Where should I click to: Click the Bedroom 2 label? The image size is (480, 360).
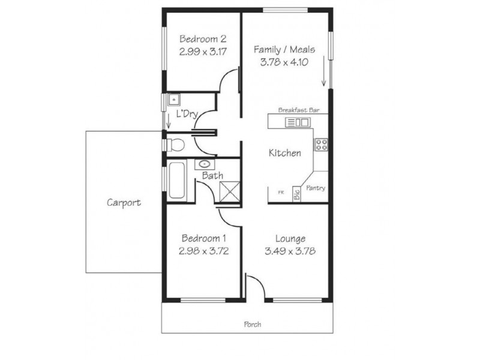(x=202, y=40)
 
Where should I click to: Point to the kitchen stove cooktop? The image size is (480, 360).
(x=321, y=144)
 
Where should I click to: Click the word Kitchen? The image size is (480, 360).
(x=284, y=153)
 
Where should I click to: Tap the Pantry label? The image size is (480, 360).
(x=316, y=188)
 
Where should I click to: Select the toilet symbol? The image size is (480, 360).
(x=175, y=145)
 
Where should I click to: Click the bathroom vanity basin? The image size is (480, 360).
(x=205, y=164)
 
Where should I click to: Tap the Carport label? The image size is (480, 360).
(x=124, y=203)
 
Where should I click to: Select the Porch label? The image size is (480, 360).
(x=252, y=325)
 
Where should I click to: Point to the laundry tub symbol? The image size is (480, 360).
(x=173, y=100)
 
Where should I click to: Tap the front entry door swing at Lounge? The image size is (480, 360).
(x=254, y=286)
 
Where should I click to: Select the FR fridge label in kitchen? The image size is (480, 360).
(x=280, y=193)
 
